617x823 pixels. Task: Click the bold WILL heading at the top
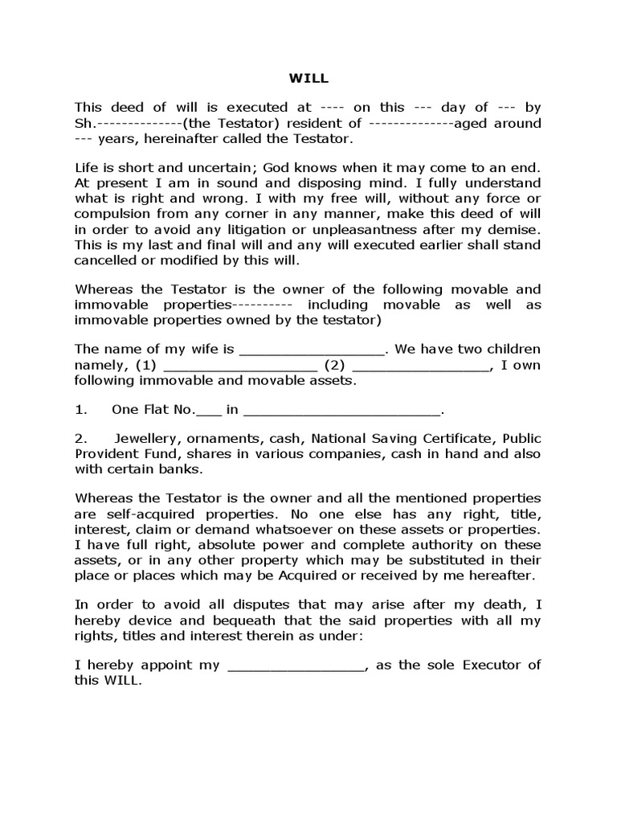tap(308, 79)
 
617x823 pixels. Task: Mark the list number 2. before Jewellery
tap(80, 440)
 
